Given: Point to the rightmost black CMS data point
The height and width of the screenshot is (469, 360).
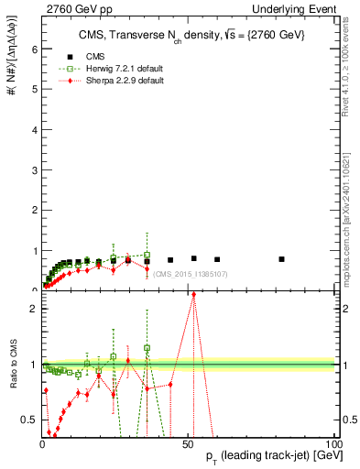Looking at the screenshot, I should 282,259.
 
